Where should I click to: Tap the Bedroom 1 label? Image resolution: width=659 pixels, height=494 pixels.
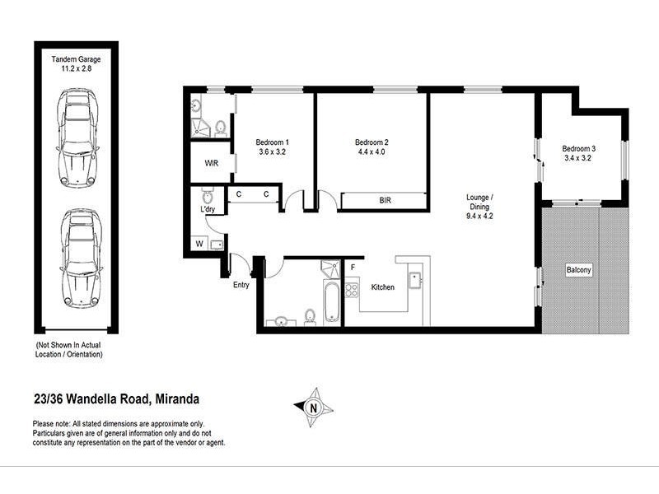coord(273,142)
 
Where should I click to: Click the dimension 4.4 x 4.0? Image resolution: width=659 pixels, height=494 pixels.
coord(372,151)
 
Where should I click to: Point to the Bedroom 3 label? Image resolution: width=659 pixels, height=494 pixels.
coord(580,149)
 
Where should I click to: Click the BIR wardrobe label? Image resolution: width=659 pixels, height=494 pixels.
coord(385,200)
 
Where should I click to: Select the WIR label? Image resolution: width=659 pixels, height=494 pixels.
coord(211,162)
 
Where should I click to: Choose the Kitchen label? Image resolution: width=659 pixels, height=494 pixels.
coord(383,287)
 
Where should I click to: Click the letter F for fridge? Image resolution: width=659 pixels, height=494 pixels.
coord(353,268)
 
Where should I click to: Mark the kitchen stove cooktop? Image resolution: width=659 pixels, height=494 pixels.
coord(352,289)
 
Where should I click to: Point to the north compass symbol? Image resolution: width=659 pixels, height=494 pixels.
coord(312,406)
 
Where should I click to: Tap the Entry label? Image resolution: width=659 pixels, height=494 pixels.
coord(241,285)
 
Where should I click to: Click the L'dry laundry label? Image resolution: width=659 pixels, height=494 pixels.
coord(208,212)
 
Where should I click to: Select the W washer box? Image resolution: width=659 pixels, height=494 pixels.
coord(199,243)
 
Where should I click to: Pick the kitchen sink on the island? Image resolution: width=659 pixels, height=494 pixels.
coord(416,276)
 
